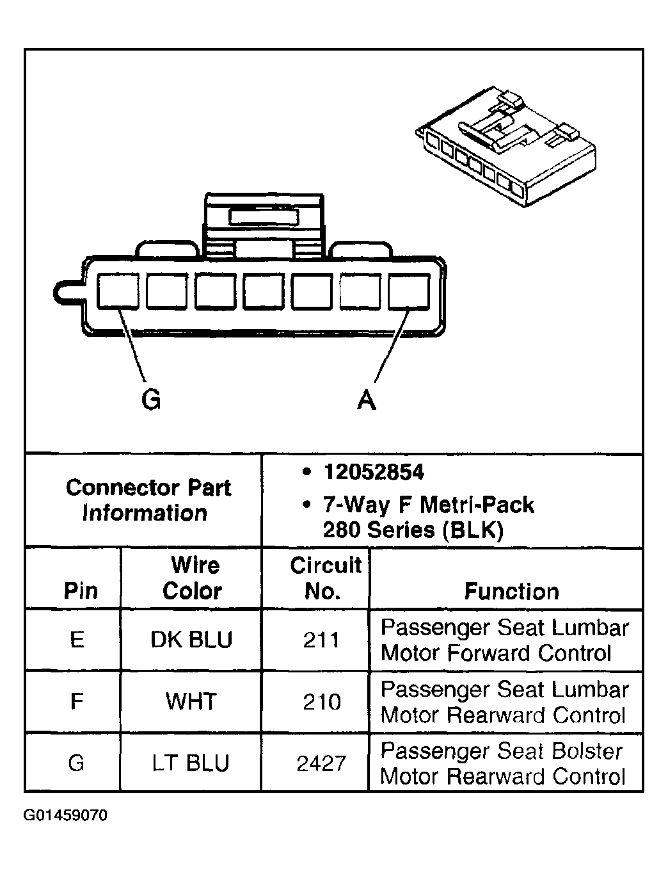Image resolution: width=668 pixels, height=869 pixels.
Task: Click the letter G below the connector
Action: (x=151, y=400)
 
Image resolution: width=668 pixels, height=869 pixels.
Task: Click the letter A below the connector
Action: (x=366, y=400)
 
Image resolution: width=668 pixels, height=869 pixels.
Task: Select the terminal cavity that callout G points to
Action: (x=118, y=292)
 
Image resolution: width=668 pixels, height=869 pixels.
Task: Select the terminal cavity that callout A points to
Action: (x=409, y=292)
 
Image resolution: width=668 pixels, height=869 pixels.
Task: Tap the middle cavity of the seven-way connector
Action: (x=264, y=292)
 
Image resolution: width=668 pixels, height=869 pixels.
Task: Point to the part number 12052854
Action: (x=374, y=473)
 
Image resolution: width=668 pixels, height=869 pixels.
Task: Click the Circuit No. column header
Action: (x=324, y=578)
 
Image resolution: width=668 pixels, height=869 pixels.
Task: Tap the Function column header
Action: (x=511, y=591)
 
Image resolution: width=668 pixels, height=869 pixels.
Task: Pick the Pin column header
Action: (x=81, y=590)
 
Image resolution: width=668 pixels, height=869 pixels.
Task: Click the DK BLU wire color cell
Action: (x=191, y=640)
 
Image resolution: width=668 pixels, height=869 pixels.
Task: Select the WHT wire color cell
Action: (x=191, y=702)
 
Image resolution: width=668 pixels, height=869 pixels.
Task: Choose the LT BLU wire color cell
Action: (x=191, y=763)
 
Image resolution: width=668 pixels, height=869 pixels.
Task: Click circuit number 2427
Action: (x=321, y=763)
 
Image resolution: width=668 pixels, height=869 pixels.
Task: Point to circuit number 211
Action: (x=321, y=640)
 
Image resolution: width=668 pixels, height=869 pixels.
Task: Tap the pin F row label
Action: (x=77, y=702)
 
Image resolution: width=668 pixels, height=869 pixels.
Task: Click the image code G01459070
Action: (x=66, y=816)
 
